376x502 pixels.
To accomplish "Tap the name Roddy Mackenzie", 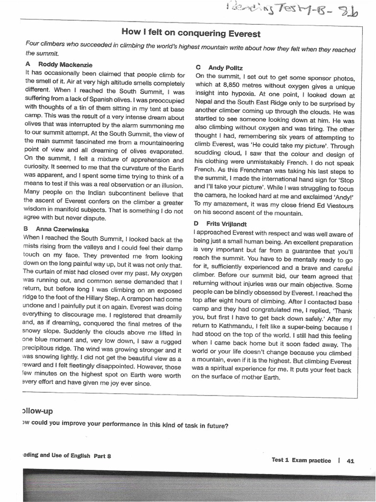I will point(65,65).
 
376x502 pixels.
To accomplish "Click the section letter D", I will point(196,223).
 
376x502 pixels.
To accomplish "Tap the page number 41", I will point(350,460).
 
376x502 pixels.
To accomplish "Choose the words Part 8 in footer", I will point(102,455).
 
